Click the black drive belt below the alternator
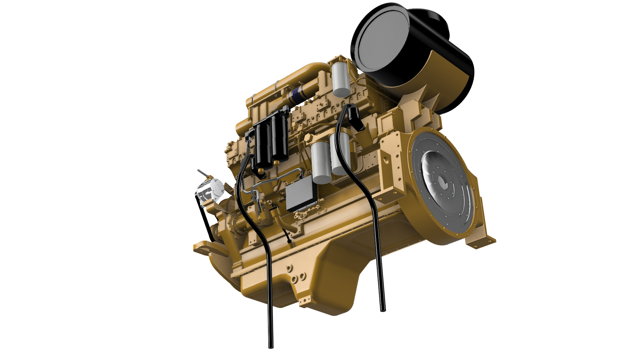coord(204,220)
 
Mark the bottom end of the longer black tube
coord(271,346)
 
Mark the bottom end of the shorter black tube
coord(383,309)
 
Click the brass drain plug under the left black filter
coord(261,172)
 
